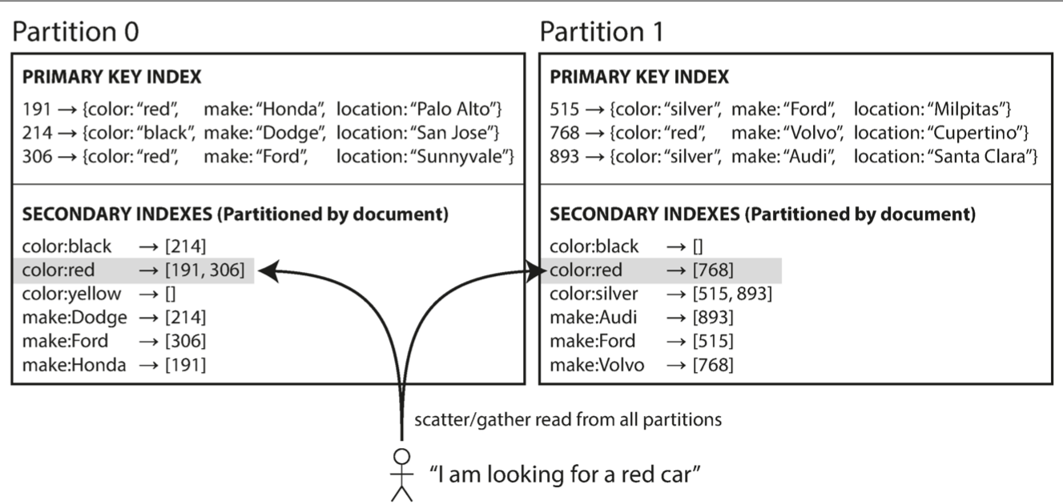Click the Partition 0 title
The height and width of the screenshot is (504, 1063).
pos(75,32)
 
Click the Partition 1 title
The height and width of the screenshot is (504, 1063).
pos(602,32)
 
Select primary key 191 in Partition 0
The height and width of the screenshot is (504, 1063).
pos(37,109)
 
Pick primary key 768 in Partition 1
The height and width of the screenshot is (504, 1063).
pos(564,133)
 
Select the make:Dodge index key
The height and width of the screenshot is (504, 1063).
pos(74,318)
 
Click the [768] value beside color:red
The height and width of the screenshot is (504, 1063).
pos(713,270)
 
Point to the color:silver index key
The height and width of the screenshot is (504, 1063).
pos(594,294)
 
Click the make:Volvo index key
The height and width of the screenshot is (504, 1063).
pos(597,365)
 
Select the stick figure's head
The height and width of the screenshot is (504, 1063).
pos(402,457)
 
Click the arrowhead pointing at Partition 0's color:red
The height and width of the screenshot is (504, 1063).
pos(268,271)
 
